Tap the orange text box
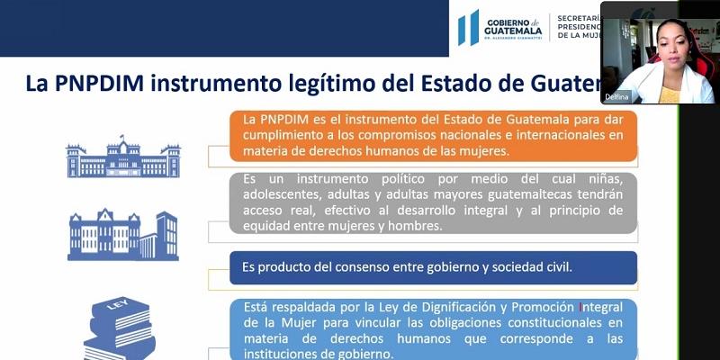tap(432, 135)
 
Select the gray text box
tap(432, 202)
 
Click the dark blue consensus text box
tap(432, 267)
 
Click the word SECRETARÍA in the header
tap(580, 17)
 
